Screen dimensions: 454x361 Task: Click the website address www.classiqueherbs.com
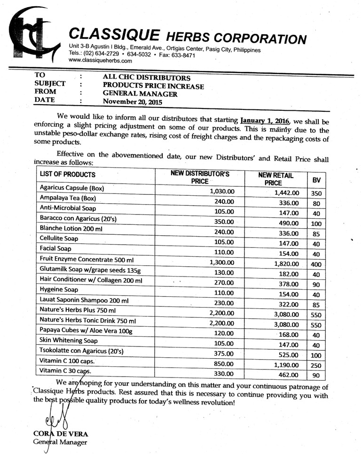click(x=100, y=61)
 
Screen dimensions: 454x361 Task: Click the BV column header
click(x=316, y=180)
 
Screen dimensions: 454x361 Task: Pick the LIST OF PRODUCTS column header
click(x=68, y=175)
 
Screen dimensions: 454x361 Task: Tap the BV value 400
click(x=316, y=264)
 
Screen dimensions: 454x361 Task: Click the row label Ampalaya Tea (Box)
click(x=68, y=198)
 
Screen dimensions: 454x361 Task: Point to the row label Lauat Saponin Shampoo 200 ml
click(x=84, y=300)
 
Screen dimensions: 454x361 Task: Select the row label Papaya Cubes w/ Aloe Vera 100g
click(x=86, y=331)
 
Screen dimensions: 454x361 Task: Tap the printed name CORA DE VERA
click(x=61, y=434)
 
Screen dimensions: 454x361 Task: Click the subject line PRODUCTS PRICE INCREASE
click(x=153, y=86)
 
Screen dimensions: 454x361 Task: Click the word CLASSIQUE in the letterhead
click(x=112, y=35)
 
